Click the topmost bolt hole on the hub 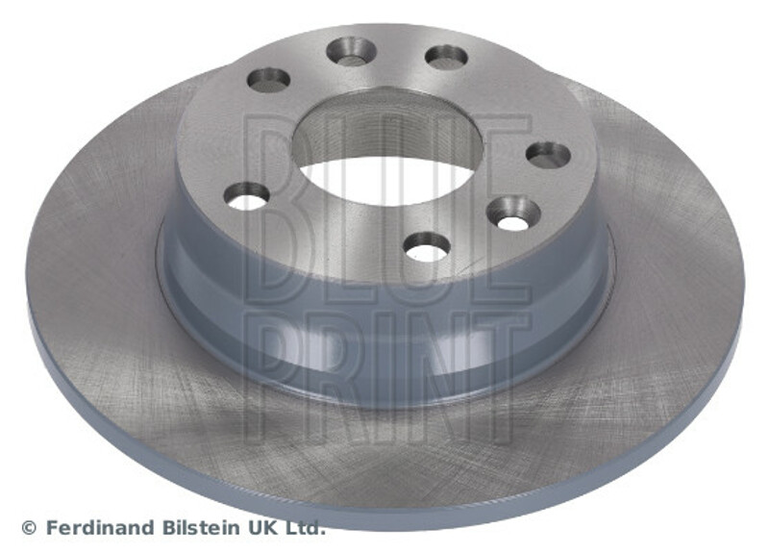tap(351, 52)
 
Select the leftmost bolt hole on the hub tap(246, 196)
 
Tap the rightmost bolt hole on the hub tap(548, 155)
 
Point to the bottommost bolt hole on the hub tap(426, 247)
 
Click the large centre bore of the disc tap(387, 147)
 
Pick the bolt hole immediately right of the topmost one tap(446, 58)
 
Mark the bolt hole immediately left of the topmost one tap(269, 81)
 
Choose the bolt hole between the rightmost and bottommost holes tap(513, 213)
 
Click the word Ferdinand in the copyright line tap(101, 528)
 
